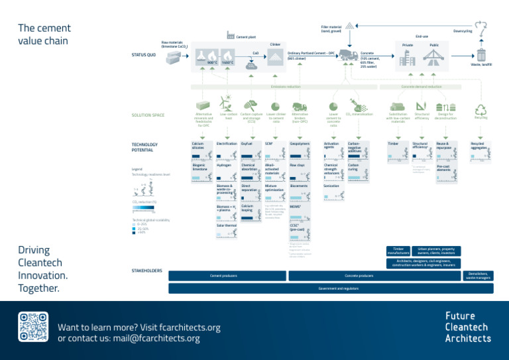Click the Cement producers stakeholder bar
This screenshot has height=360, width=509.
click(x=224, y=275)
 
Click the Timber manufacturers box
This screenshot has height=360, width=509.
click(x=398, y=251)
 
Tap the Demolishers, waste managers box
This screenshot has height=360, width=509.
click(x=478, y=275)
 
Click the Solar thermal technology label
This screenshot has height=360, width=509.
click(x=226, y=225)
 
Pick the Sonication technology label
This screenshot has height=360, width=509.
click(x=331, y=186)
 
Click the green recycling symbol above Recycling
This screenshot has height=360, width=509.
click(x=481, y=109)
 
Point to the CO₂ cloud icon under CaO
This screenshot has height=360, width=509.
click(x=251, y=65)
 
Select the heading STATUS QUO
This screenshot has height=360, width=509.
click(x=144, y=55)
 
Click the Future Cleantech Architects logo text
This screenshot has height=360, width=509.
click(x=468, y=327)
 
